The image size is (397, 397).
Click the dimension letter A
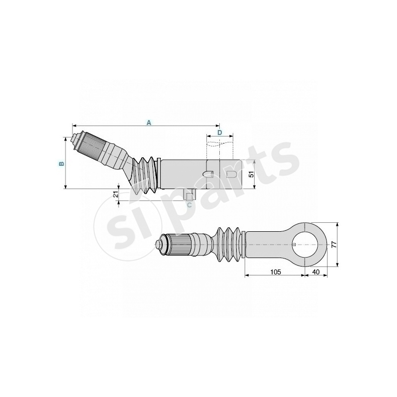coord(147,122)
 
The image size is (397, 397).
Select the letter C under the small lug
coord(189,203)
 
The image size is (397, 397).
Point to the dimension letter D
coord(219,132)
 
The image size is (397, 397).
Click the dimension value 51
coord(251,174)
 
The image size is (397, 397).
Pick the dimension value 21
coord(116,195)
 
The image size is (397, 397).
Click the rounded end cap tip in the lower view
coord(160,245)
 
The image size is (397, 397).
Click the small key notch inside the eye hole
coord(295,244)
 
